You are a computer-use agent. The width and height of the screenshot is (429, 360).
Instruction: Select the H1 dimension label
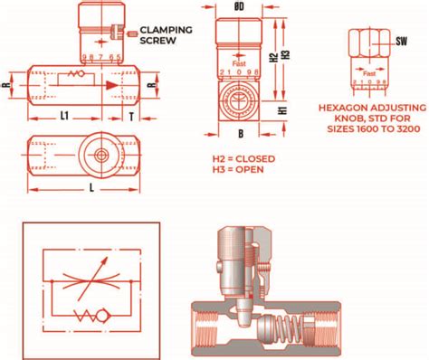[281, 110]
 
